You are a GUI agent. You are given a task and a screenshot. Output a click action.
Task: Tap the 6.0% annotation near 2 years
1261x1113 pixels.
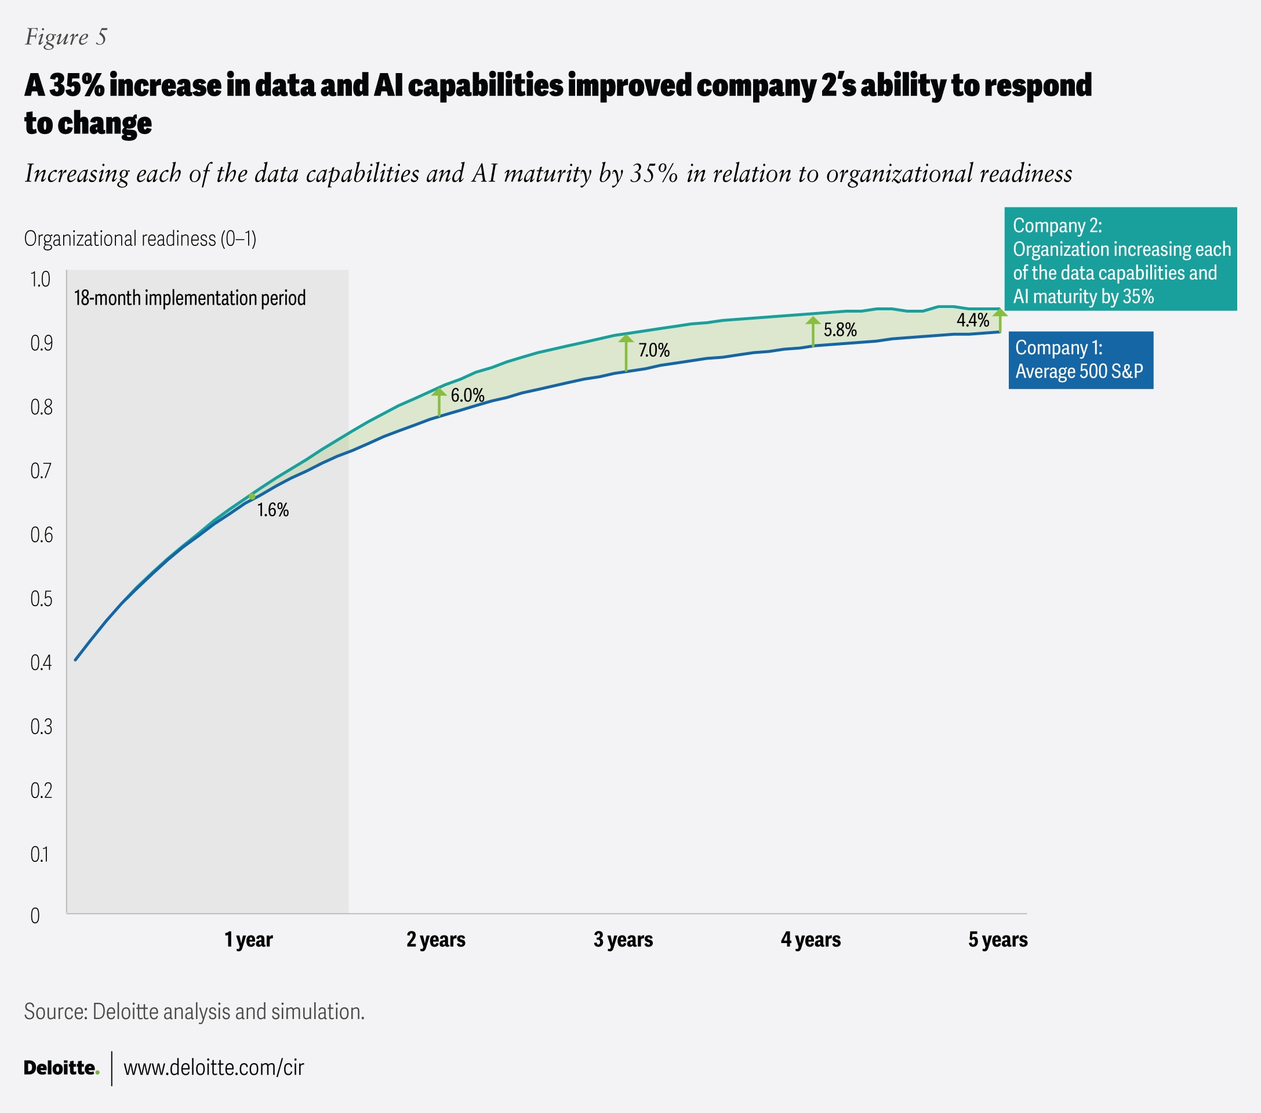coord(467,396)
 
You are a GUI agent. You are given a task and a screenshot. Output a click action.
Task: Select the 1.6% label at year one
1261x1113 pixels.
coord(272,510)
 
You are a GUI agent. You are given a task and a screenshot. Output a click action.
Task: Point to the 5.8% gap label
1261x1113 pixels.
coord(840,329)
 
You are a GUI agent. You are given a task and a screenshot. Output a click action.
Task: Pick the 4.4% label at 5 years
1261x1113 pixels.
coord(972,320)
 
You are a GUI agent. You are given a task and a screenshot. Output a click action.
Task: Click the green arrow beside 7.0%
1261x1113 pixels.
coord(626,353)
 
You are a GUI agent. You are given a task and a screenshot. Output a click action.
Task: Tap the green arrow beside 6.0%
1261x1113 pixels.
coord(439,402)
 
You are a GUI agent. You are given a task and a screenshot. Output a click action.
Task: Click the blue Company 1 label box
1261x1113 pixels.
coord(1080,360)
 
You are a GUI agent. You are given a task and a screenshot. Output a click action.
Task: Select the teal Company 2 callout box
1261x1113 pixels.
coord(1120,259)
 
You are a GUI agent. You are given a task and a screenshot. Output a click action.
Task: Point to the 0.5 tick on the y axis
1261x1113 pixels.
coord(41,599)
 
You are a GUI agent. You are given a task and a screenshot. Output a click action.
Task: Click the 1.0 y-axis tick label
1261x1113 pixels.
coord(41,280)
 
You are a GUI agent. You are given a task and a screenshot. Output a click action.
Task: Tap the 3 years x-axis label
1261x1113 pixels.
coord(623,940)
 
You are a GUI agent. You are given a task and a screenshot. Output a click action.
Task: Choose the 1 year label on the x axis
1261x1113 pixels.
coord(248,940)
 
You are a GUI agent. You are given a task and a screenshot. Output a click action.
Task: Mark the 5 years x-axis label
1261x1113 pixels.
coord(998,940)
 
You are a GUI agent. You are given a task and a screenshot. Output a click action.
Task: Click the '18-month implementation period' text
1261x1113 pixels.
coord(190,298)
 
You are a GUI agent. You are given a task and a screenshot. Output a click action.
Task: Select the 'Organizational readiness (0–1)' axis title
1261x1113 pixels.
coord(140,238)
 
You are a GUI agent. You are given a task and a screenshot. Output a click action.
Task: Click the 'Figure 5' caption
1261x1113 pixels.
coord(66,37)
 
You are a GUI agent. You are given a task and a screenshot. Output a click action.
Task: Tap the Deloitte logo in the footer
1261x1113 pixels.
coord(61,1067)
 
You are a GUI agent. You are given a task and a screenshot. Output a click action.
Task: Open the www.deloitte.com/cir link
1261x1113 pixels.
coord(213,1067)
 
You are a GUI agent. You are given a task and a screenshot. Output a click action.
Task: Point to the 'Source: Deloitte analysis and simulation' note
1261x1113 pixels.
coord(194,1012)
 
